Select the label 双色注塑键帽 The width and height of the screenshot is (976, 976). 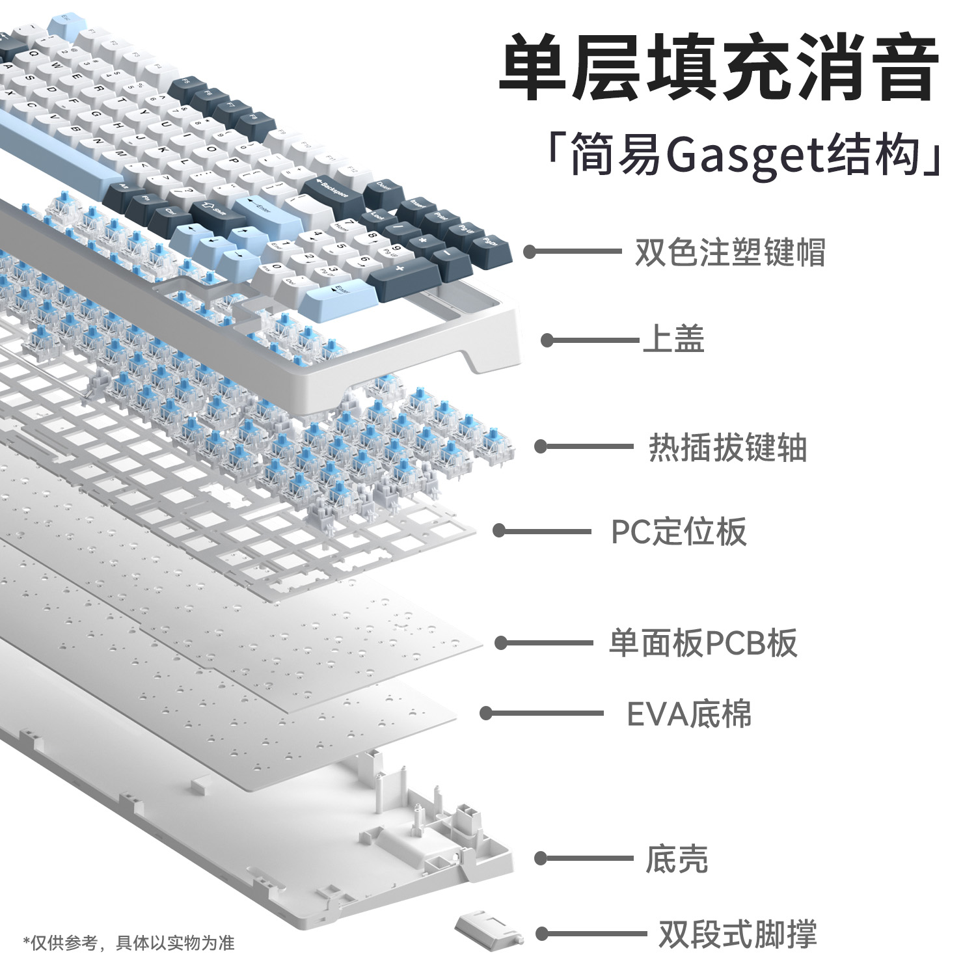click(729, 252)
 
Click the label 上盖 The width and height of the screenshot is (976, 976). click(673, 340)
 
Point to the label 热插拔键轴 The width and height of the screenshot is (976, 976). click(727, 448)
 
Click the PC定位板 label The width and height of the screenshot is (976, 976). click(678, 532)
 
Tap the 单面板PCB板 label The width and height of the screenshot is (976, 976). click(702, 643)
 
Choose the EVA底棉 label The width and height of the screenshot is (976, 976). click(688, 714)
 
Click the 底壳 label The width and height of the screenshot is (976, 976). click(676, 859)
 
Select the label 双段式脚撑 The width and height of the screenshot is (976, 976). click(737, 934)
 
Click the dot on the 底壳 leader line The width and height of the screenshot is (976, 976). click(541, 859)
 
